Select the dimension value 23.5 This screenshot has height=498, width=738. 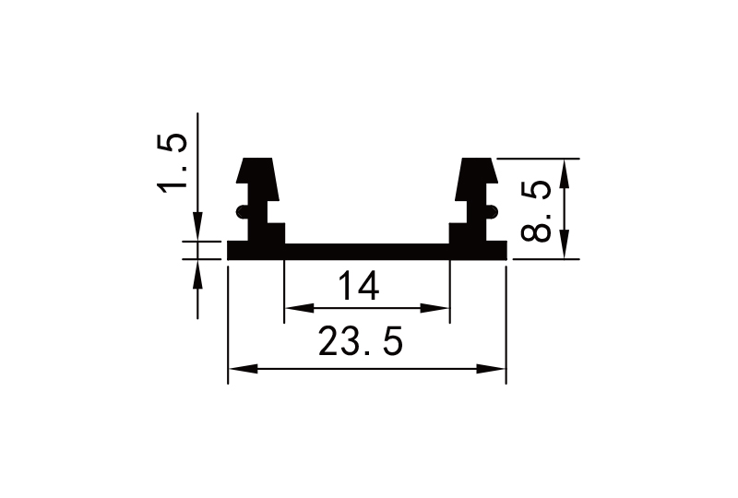tap(361, 343)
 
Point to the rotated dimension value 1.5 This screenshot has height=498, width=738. tap(173, 163)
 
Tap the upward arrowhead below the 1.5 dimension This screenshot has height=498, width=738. tap(196, 272)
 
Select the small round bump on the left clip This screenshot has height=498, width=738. tap(242, 212)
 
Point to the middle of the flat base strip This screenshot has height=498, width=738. tap(367, 251)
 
